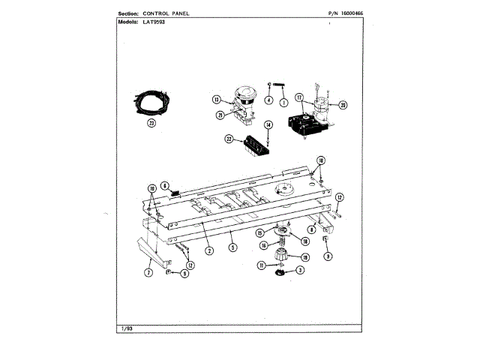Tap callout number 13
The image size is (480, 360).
point(216,99)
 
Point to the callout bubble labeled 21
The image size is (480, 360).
point(220,115)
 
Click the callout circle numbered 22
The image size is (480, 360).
point(228,139)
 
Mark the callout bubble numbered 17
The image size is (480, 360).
point(299,97)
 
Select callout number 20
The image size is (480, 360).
point(343,104)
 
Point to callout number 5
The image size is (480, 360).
point(232,247)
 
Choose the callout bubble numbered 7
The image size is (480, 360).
point(148,273)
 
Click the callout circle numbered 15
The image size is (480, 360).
point(259,232)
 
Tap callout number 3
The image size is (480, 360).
point(300,270)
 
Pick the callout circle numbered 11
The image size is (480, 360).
point(261,265)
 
